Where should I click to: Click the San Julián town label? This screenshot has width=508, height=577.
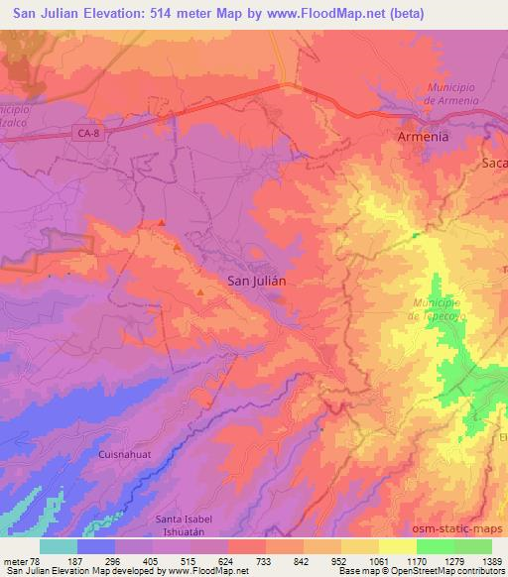coord(257,281)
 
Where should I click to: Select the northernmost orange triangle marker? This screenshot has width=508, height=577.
coord(161,223)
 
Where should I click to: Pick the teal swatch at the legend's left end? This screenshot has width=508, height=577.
coord(59,546)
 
